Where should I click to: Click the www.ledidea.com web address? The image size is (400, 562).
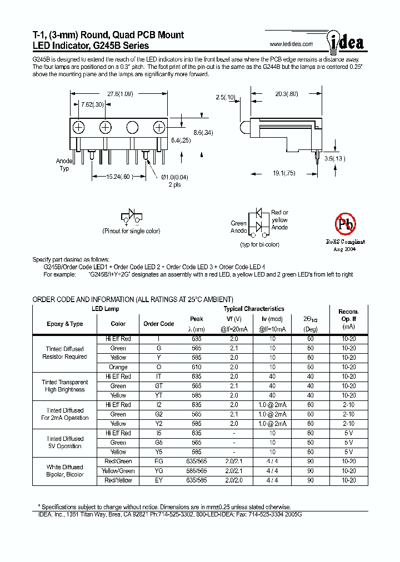(291, 44)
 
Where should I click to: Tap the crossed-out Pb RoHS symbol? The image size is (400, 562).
(344, 224)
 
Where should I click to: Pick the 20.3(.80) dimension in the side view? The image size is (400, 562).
(287, 94)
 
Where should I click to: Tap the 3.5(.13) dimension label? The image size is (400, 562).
(336, 158)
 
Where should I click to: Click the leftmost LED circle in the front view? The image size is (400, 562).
(78, 127)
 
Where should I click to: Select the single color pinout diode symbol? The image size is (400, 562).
(130, 216)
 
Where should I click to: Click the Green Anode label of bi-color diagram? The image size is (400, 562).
(239, 227)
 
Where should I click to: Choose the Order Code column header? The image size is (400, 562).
(159, 324)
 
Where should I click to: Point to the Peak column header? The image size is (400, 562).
(197, 319)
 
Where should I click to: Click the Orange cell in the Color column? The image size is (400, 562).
(118, 367)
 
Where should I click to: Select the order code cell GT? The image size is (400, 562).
(159, 386)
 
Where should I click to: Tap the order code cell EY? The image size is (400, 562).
(159, 480)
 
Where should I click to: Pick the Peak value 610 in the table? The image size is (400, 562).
(197, 367)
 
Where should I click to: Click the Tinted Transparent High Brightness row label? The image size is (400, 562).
(64, 386)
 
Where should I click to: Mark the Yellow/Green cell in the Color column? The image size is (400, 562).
(118, 471)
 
